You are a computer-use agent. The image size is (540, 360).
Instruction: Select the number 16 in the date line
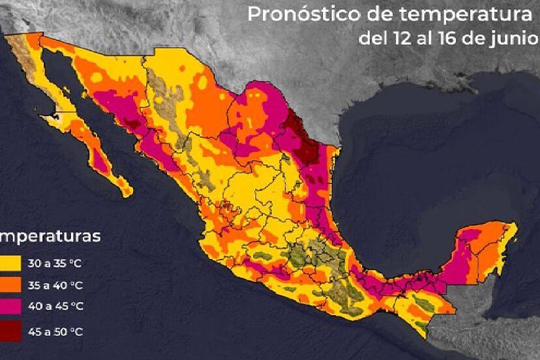443,38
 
